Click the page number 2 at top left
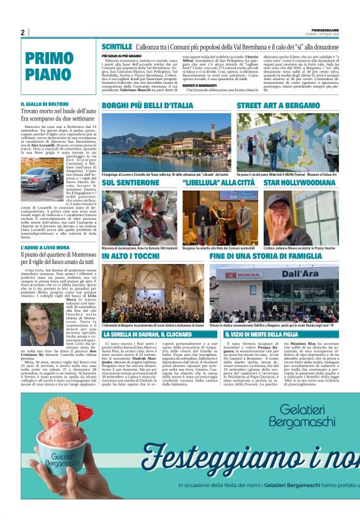click(22, 33)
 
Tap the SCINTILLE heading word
click(117, 47)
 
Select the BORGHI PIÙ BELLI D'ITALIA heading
click(148, 106)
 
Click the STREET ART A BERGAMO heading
click(278, 106)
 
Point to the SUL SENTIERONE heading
click(127, 183)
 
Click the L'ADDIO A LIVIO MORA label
click(47, 248)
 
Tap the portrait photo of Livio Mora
click(42, 325)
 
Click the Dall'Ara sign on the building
click(300, 274)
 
